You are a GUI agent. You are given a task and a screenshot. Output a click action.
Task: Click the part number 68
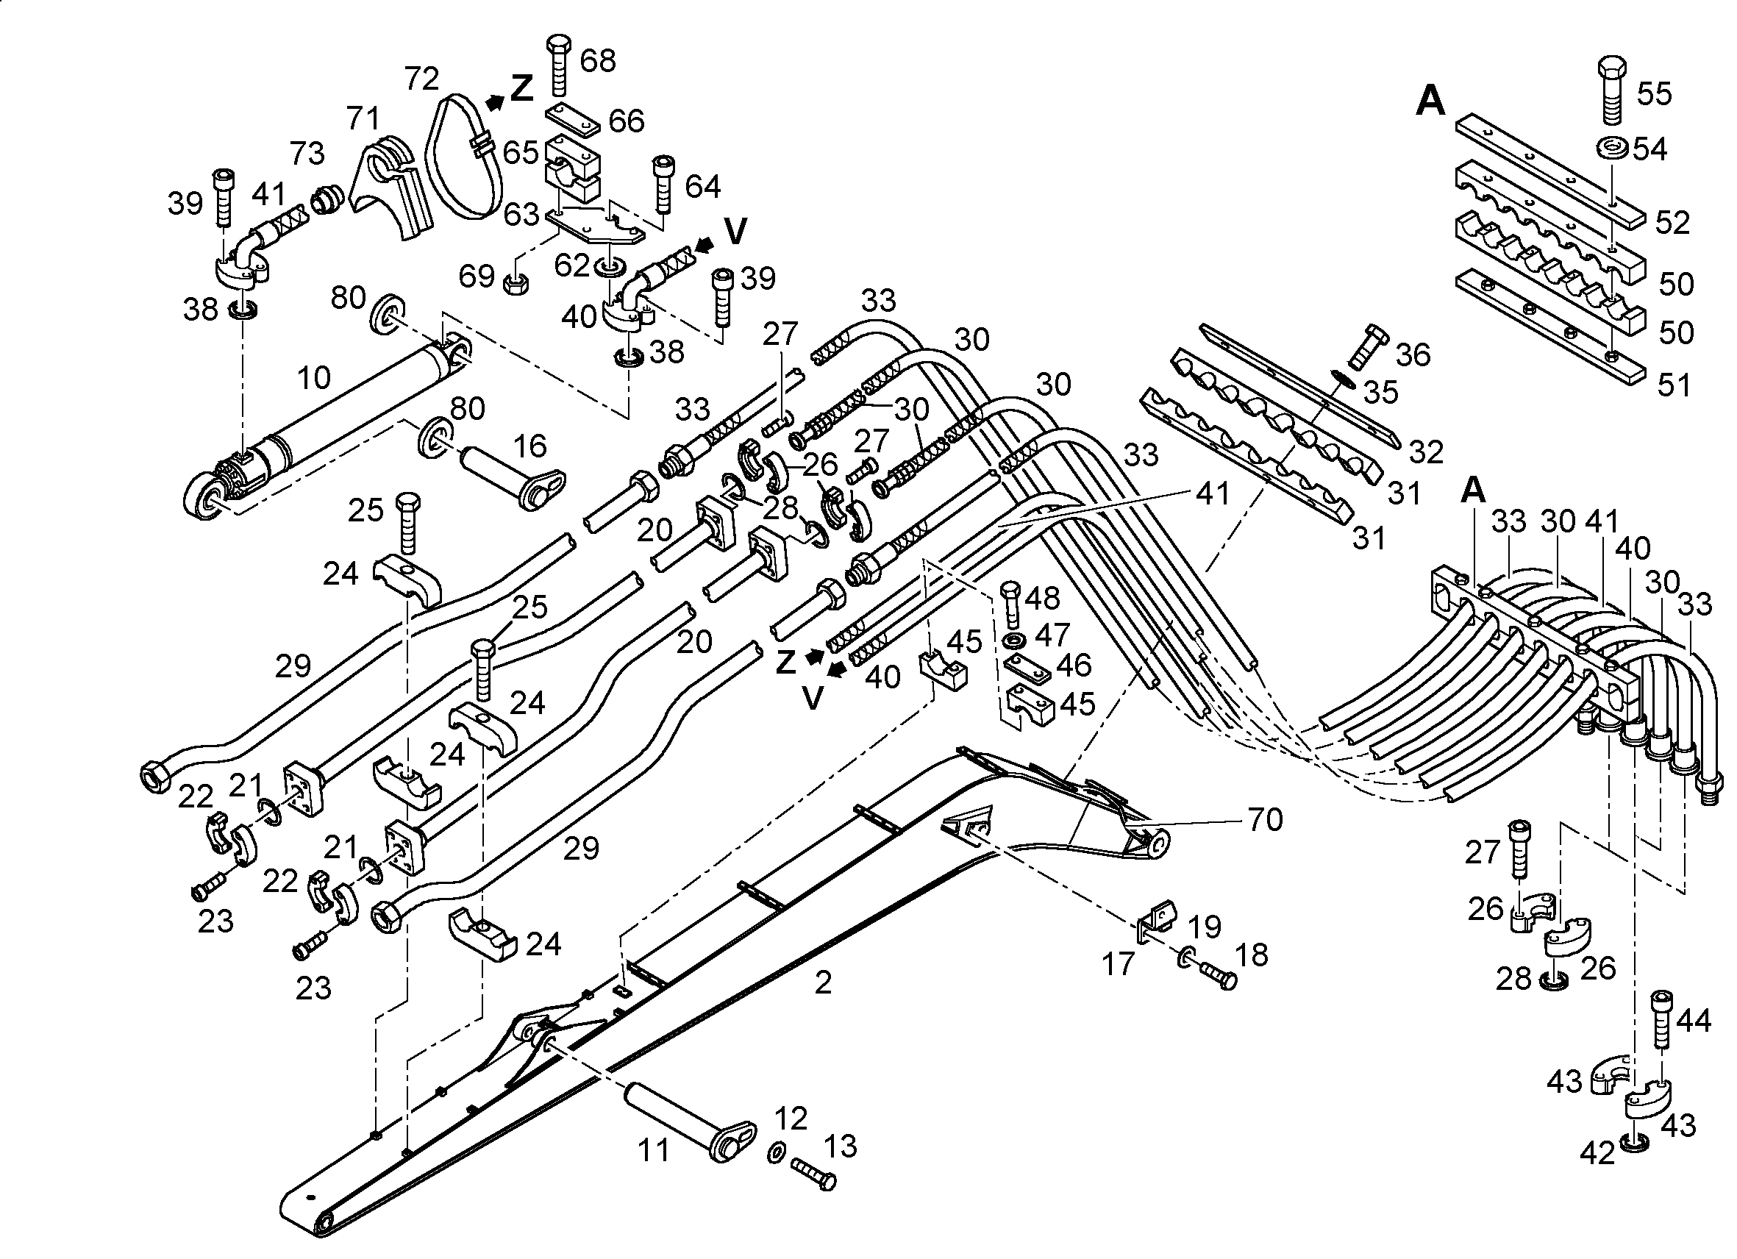pos(598,60)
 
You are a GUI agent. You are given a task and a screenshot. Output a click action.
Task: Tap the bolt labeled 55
pos(1612,89)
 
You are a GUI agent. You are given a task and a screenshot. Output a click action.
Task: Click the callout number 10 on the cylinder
pos(314,377)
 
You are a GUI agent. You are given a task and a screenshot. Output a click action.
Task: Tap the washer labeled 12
pos(775,1152)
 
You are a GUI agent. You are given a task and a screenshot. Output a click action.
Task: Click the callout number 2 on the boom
pos(824,982)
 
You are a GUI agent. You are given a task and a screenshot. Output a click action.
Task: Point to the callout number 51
pos(1674,385)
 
